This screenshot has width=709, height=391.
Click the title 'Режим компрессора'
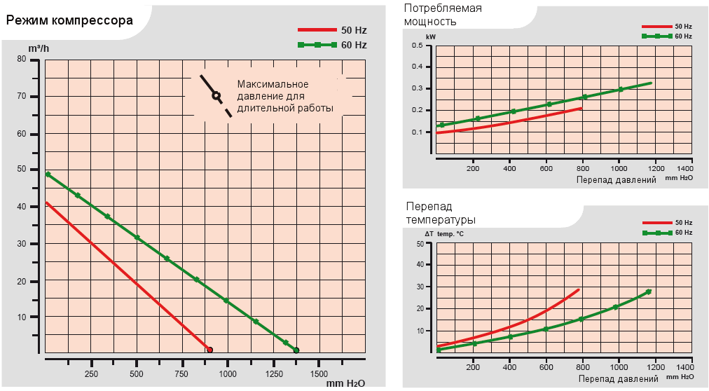69,20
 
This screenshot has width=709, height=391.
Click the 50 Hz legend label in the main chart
354,31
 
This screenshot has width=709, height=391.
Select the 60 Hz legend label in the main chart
354,45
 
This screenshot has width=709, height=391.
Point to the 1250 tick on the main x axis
273,373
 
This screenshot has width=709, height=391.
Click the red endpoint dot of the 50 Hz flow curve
209,349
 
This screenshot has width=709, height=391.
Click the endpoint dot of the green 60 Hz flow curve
296,350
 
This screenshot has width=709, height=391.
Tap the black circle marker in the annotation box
216,95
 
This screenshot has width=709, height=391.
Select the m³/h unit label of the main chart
39,48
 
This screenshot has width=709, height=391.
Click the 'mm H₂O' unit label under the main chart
345,383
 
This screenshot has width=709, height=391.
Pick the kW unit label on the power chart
430,36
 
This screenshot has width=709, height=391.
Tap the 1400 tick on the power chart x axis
684,169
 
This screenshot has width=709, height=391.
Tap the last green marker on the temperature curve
648,291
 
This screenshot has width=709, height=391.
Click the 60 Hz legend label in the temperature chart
683,232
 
